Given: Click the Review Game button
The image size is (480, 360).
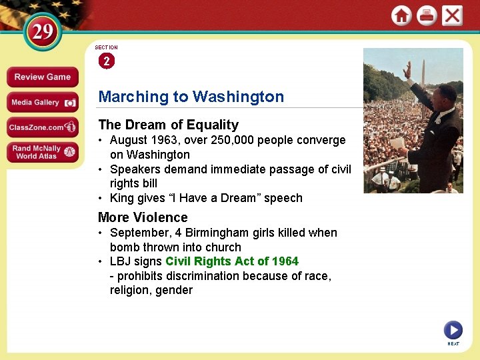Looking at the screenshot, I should pos(43,77).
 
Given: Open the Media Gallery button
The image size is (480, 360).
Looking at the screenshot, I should pos(43,102).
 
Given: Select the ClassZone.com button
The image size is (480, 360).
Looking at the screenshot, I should pos(43,127).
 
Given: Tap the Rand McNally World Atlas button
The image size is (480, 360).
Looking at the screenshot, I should pos(43,152).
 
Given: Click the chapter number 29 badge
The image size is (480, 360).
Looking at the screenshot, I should pos(42,32).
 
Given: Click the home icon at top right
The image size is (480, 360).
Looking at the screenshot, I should pos(401,15).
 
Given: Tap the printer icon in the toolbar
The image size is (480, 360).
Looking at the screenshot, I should pos(427,15).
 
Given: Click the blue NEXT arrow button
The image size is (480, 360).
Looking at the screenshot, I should pos(453,330).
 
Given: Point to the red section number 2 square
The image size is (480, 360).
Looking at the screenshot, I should pos(107,61).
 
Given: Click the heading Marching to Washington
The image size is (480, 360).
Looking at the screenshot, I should pos(191,97).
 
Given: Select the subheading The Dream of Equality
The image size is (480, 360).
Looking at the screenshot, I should pos(168,125).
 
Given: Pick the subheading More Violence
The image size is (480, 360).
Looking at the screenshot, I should pos(143,217).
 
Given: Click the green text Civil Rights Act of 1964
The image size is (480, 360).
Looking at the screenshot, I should pos(232,261).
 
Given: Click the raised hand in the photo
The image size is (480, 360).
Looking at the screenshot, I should pos(407,69).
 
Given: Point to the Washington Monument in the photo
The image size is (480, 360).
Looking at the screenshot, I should pos(423,67).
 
